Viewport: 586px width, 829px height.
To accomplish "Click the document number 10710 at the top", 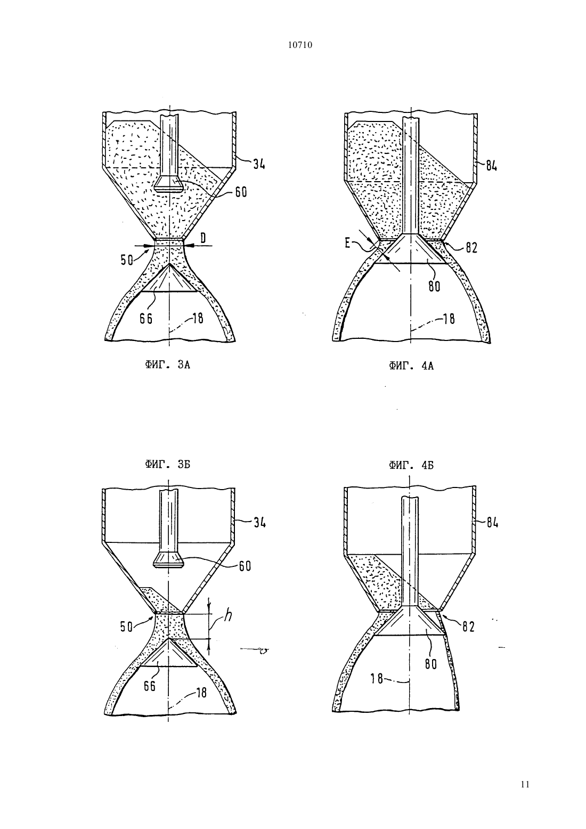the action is coord(299,45).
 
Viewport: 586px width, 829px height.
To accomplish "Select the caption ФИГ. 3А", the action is coord(168,365).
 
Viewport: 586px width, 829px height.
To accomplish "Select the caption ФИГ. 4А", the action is coord(411,366).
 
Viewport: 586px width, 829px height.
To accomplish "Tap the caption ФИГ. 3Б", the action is coord(168,465).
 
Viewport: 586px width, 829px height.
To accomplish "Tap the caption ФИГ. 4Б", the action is coord(411,465).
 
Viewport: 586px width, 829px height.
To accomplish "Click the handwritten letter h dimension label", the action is coord(228,615).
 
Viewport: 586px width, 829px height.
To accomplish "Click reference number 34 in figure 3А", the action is coord(259,163).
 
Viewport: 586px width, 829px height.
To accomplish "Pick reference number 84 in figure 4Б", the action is coord(492,523).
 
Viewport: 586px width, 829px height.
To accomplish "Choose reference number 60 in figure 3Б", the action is coord(245,566).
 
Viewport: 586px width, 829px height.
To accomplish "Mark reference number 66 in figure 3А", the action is coord(146,318).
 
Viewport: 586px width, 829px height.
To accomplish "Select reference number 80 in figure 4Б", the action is coord(430,664).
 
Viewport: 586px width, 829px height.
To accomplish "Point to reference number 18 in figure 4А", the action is coord(449,319).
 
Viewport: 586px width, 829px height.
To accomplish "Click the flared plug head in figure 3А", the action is coord(169,184).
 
